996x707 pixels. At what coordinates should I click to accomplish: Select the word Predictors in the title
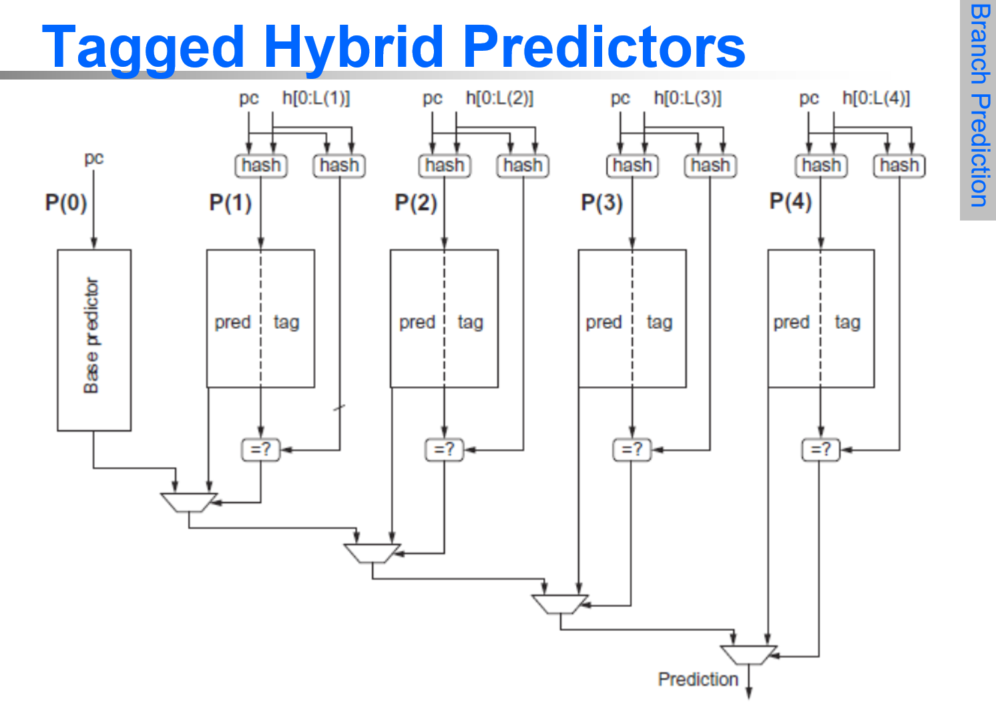tap(603, 47)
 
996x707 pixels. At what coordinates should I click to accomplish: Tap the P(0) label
tap(66, 202)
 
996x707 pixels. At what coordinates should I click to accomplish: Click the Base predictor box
tap(94, 340)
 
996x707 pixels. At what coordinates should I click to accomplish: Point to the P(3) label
tap(601, 202)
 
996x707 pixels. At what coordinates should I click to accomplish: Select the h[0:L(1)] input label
tap(316, 98)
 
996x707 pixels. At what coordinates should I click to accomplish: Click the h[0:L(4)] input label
tap(876, 98)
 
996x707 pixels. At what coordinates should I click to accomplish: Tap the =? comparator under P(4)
tap(820, 450)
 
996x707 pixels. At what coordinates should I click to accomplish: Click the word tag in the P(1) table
tap(286, 322)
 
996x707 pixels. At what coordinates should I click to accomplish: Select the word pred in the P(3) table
tap(603, 322)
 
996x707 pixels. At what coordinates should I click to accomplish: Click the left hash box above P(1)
tap(261, 165)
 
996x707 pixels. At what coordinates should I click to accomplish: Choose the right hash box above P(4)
tap(899, 165)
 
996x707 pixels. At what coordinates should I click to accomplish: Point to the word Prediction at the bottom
tap(698, 680)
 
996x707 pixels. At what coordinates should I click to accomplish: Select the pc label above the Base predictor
tap(94, 158)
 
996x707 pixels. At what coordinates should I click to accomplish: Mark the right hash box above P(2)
tap(523, 165)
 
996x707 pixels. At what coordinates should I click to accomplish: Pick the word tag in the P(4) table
tap(847, 322)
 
